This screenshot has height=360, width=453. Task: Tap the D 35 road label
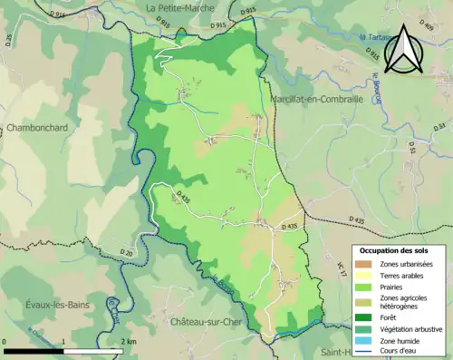point(10,40)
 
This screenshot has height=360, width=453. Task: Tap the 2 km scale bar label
point(128,341)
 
